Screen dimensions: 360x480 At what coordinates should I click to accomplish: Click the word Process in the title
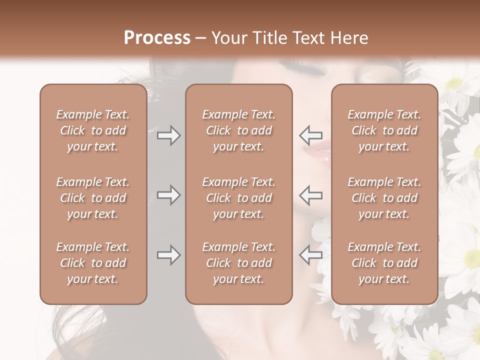[157, 38]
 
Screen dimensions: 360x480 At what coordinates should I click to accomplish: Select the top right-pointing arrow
[168, 135]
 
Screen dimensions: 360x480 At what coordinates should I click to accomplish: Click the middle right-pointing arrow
[168, 195]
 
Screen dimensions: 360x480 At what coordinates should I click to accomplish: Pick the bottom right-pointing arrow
[168, 255]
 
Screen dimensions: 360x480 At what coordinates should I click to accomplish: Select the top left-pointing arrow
[311, 135]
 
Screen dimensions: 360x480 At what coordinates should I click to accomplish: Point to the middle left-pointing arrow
[311, 195]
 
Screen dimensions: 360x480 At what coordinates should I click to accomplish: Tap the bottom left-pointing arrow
[311, 255]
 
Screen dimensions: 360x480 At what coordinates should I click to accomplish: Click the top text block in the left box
[93, 130]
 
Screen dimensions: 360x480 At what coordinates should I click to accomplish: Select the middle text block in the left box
[93, 198]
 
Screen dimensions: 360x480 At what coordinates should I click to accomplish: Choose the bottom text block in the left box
[93, 263]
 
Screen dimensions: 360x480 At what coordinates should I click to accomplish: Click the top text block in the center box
[239, 130]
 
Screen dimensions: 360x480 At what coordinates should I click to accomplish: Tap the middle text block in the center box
[239, 198]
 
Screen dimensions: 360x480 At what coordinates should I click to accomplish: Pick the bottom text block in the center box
[239, 263]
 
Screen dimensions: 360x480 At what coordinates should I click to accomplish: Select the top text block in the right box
[384, 130]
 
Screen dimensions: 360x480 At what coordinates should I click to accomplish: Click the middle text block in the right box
[384, 198]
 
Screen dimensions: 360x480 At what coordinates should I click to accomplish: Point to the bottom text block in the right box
[384, 263]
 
